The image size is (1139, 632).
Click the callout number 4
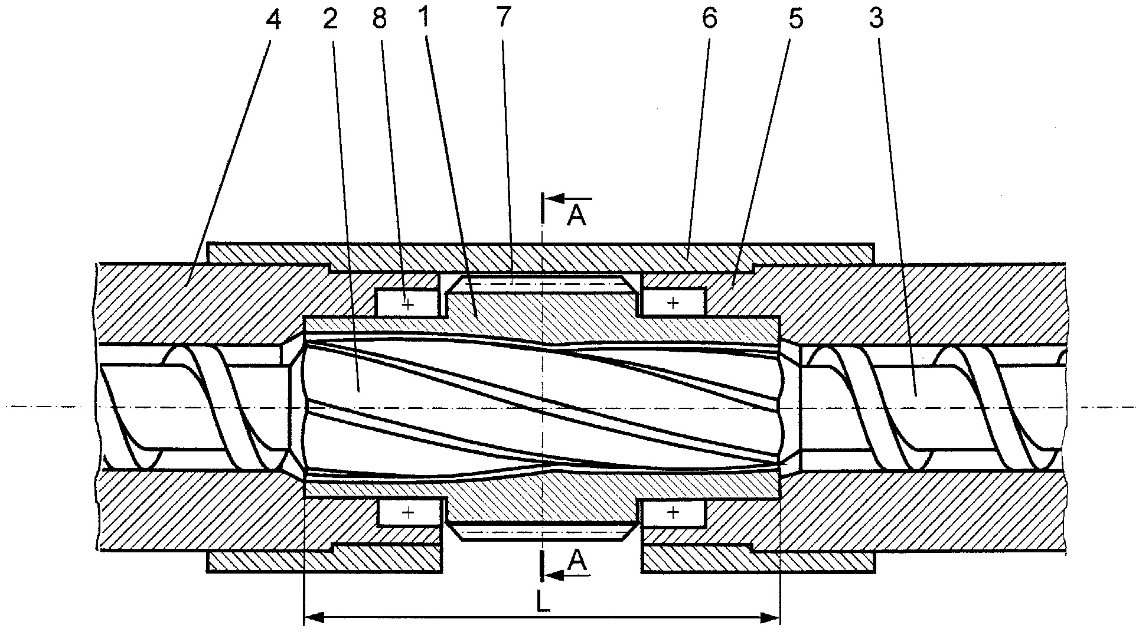(273, 19)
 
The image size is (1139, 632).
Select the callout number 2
(330, 19)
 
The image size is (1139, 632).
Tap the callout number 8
(380, 19)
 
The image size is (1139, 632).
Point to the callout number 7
(502, 19)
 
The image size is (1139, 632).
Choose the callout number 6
(709, 19)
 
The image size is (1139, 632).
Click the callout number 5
(797, 19)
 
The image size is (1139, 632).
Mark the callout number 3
(876, 19)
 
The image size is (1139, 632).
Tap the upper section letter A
(577, 216)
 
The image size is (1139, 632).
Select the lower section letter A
(577, 562)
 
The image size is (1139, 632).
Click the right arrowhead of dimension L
(769, 618)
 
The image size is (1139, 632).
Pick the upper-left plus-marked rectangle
(408, 303)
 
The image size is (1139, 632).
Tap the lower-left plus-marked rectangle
(408, 512)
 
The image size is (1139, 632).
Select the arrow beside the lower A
(568, 575)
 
